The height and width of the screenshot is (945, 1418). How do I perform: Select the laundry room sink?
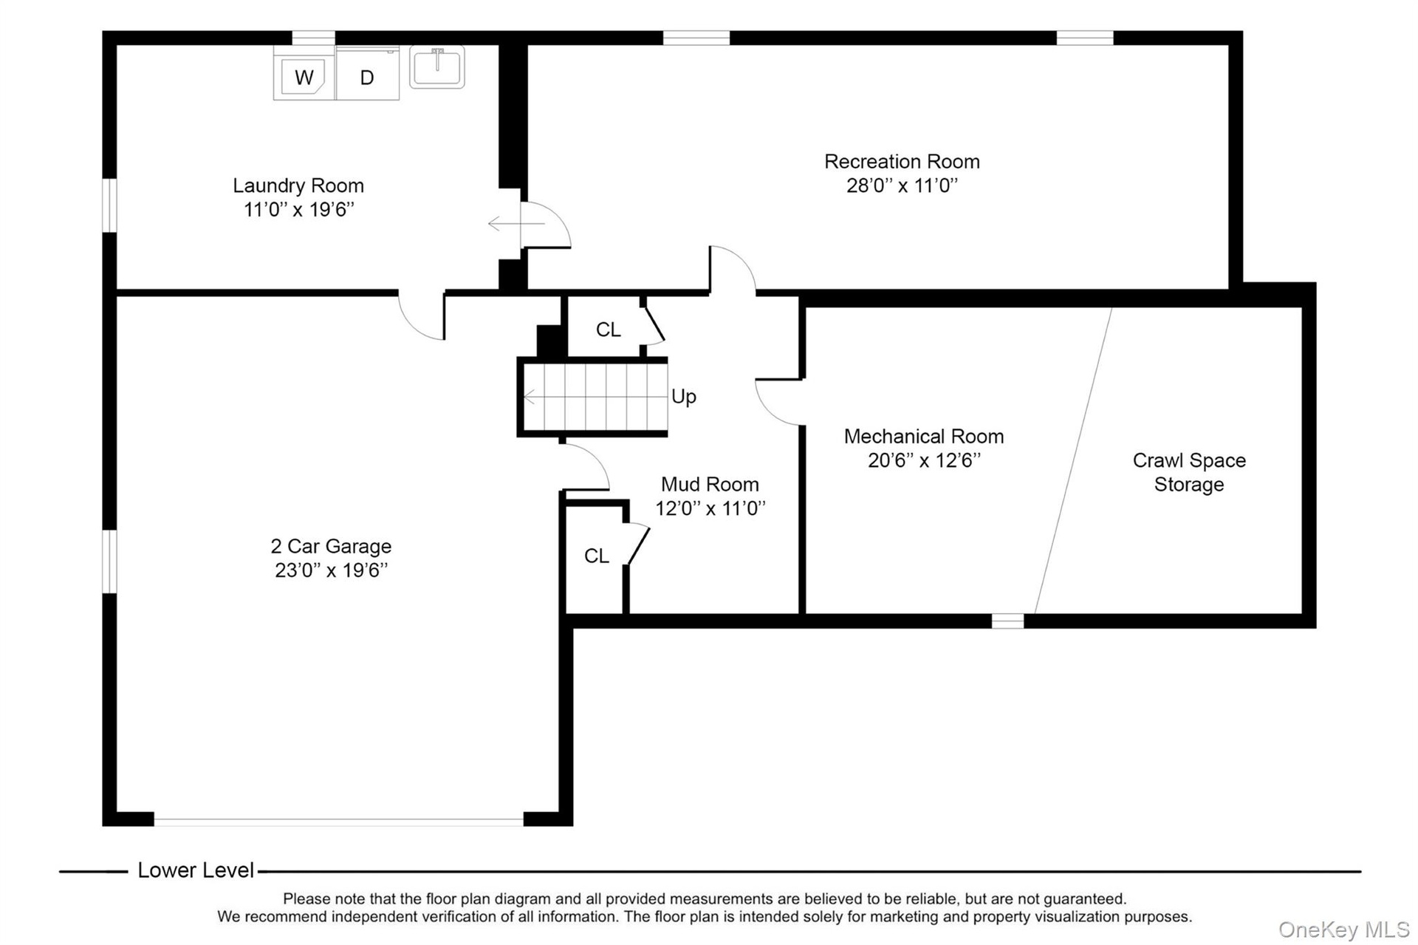pos(437,67)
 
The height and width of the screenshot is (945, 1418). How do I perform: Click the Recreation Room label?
pos(902,162)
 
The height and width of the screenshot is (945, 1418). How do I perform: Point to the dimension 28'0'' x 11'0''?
pos(902,185)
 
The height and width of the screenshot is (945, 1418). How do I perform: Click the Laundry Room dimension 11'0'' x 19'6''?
pos(298,210)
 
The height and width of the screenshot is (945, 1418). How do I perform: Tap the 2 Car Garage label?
pos(331,547)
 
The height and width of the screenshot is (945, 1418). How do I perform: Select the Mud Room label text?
pos(710,485)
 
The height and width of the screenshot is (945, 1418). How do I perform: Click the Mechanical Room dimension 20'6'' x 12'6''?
pos(924,460)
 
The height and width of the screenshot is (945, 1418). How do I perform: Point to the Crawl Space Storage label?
pos(1189,472)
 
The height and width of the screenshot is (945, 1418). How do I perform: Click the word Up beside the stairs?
pos(684,397)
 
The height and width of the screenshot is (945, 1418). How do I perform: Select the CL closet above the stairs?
pos(608,330)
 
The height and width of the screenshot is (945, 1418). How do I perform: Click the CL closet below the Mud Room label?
pos(596,556)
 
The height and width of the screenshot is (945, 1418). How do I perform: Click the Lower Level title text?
pos(196,870)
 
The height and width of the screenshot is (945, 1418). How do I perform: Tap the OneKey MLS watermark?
pos(1343,929)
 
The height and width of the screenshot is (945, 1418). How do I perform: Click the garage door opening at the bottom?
pos(338,821)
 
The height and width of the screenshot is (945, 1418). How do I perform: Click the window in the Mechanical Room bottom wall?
pos(1007,621)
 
